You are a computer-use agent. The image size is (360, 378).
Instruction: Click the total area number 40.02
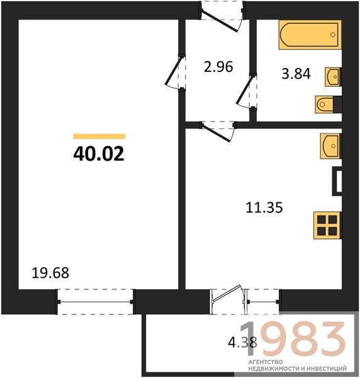[99, 154]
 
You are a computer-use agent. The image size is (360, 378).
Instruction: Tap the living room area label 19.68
[50, 273]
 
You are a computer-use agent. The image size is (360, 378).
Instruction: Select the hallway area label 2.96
[218, 67]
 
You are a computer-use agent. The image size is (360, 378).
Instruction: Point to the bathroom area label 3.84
[296, 74]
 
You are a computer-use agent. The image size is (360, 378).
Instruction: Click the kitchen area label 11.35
[264, 207]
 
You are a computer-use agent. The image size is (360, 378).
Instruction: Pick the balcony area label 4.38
[242, 342]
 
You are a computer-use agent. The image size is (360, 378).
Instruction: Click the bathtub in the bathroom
[310, 35]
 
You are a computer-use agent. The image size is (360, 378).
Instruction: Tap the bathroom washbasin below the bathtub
[332, 77]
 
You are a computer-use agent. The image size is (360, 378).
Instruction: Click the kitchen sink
[330, 146]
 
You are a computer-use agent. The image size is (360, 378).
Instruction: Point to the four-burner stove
[327, 226]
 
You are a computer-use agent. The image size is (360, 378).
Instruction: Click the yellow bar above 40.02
[99, 137]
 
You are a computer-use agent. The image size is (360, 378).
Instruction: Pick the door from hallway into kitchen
[218, 132]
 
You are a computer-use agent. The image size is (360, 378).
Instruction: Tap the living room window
[95, 302]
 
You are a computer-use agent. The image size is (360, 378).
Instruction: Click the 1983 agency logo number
[293, 340]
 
